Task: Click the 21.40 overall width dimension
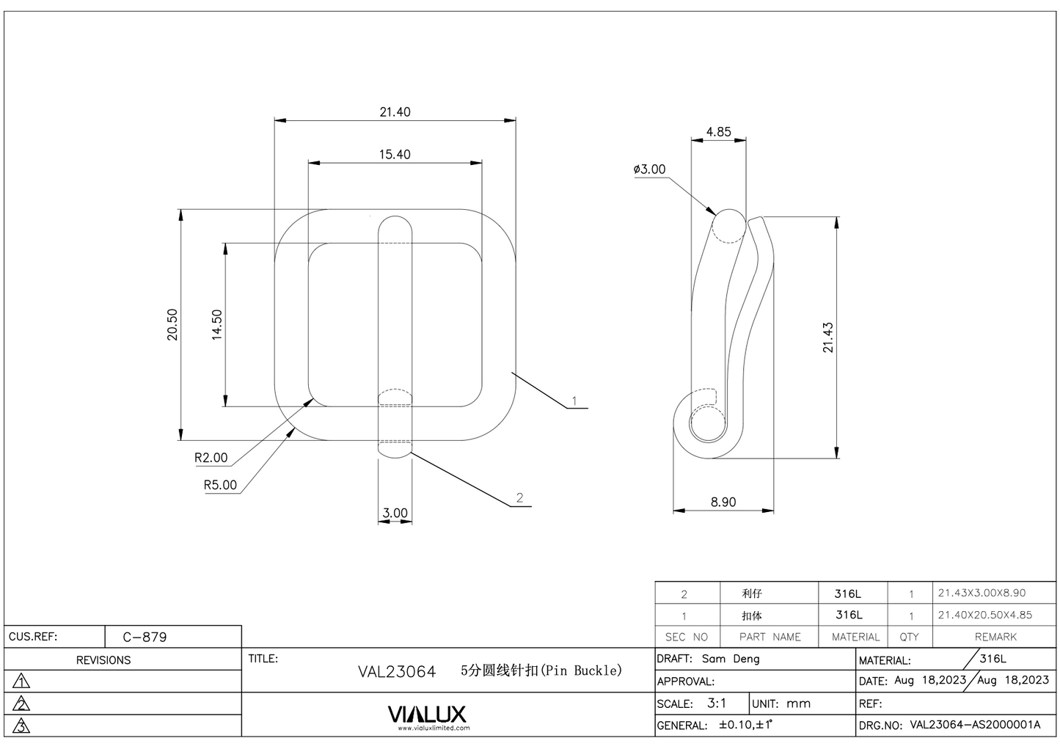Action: pos(395,112)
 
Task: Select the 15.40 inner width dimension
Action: pos(395,155)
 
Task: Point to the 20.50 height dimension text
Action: pos(172,324)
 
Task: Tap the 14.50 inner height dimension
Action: pos(216,324)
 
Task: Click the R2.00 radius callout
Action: pos(211,458)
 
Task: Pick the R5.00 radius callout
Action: pos(220,485)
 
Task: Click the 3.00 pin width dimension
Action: pos(395,513)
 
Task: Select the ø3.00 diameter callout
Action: pos(650,169)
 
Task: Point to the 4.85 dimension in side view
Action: pos(718,132)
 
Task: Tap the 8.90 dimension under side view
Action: pos(723,503)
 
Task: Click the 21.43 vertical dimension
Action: pos(828,337)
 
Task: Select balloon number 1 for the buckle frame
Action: pos(574,401)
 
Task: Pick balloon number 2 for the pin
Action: pos(519,498)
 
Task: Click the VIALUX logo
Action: pos(426,714)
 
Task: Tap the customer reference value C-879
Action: pos(145,637)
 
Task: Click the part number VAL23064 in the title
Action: pos(396,671)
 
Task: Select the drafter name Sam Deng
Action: pos(731,659)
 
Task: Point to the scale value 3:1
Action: pos(717,703)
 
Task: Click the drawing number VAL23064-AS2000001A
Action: pos(975,725)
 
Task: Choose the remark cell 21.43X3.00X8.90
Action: pos(982,593)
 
